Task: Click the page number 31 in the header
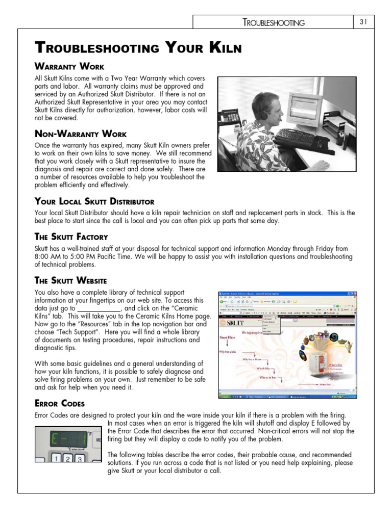point(364,21)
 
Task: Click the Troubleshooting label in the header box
point(274,22)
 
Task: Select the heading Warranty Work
point(69,66)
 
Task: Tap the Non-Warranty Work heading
point(80,134)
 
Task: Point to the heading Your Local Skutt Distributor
point(94,201)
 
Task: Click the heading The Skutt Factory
point(71,237)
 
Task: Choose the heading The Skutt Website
point(70,280)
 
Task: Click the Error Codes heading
point(59,404)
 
